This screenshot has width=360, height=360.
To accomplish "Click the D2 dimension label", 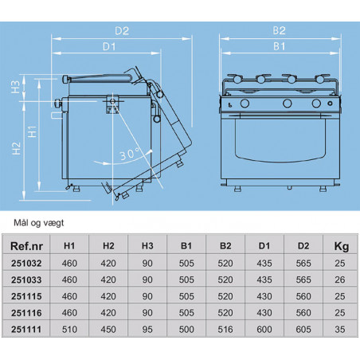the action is pyautogui.click(x=122, y=31).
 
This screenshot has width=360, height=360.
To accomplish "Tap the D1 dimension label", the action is pyautogui.click(x=109, y=47).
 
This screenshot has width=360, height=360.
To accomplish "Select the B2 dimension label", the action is pyautogui.click(x=279, y=30).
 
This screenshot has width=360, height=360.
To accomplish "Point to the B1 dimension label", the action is pyautogui.click(x=279, y=46).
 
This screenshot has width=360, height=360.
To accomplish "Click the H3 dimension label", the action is pyautogui.click(x=16, y=87).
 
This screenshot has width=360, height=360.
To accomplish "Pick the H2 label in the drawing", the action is pyautogui.click(x=16, y=148).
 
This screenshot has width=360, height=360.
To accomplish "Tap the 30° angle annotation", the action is pyautogui.click(x=130, y=154).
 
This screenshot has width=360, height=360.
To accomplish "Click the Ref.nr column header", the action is pyautogui.click(x=26, y=246).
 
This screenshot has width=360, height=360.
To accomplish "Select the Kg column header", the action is pyautogui.click(x=341, y=247).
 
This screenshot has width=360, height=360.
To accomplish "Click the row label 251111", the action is pyautogui.click(x=26, y=330).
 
